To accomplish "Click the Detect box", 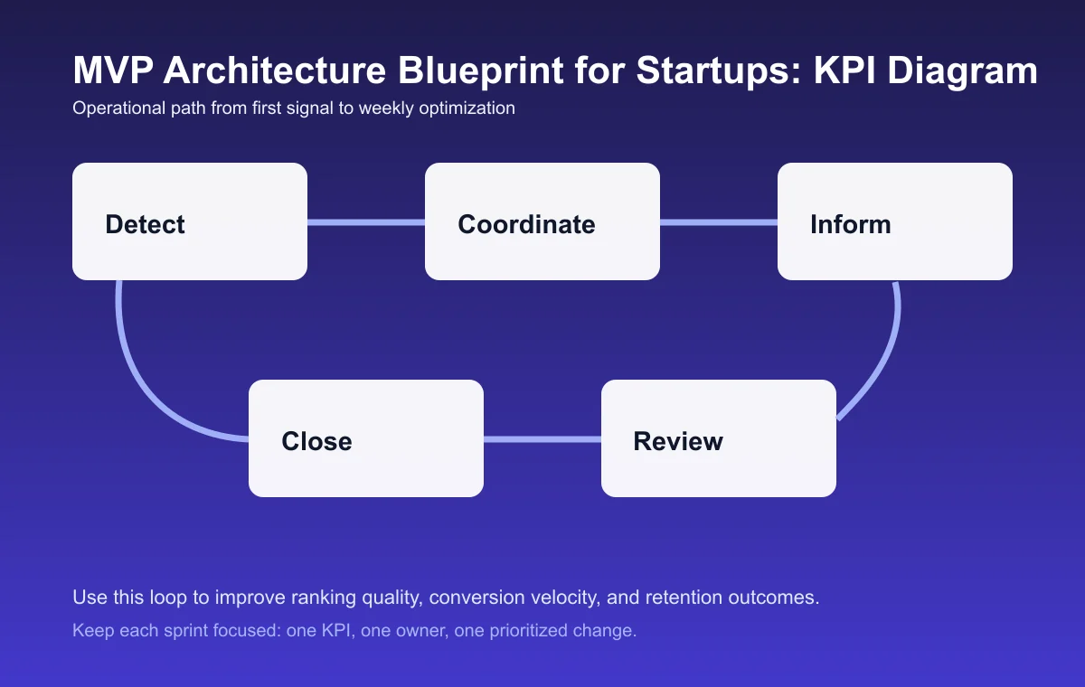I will tap(190, 221).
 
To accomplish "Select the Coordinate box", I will tap(542, 221).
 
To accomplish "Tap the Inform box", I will tap(895, 221).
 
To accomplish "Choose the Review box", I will tap(719, 438).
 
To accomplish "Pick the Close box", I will tap(366, 438).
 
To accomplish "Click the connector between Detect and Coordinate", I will tap(366, 222).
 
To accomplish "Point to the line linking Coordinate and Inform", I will tap(719, 222).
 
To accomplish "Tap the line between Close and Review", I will tap(542, 439).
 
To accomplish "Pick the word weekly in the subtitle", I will tap(386, 108).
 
